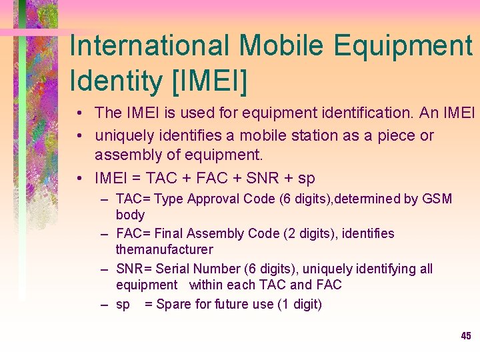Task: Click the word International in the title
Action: coord(149,45)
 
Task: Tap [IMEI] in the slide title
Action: coord(209,81)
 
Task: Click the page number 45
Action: coord(466,336)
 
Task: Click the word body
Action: coord(130,215)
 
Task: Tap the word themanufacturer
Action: coord(164,249)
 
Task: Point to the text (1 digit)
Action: coord(295,304)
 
